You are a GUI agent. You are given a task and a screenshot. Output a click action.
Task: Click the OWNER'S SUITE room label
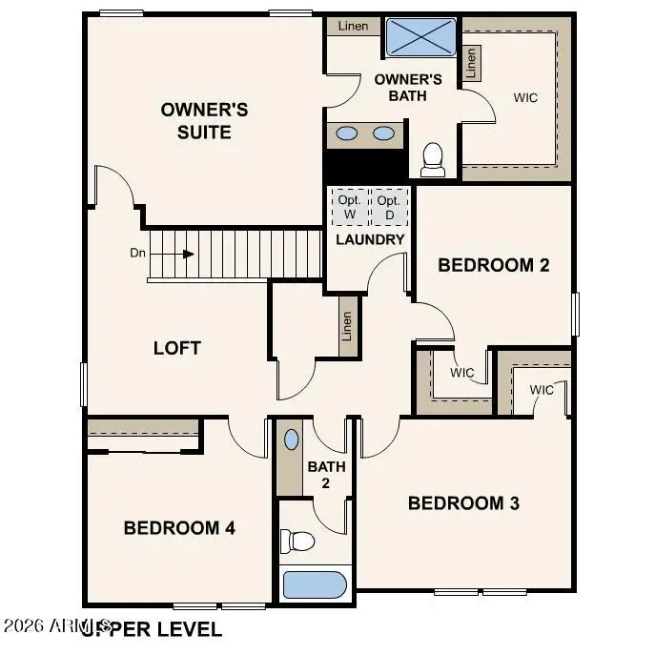click(x=204, y=121)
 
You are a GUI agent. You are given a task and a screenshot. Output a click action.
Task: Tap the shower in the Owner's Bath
click(x=420, y=37)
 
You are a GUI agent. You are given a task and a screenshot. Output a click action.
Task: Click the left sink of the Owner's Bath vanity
click(x=347, y=133)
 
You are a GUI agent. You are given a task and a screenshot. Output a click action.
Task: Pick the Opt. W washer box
click(x=347, y=207)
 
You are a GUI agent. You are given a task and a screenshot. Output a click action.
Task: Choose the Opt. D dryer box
click(x=388, y=207)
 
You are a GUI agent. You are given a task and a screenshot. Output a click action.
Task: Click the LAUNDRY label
click(x=370, y=239)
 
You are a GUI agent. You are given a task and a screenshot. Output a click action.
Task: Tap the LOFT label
click(x=177, y=348)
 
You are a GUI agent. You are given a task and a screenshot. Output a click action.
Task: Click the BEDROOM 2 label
click(x=493, y=265)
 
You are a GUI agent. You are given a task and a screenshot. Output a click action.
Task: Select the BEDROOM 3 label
click(x=463, y=502)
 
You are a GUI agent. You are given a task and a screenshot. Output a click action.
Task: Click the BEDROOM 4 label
click(x=179, y=527)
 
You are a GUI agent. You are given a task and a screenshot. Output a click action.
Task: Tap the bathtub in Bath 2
click(x=315, y=583)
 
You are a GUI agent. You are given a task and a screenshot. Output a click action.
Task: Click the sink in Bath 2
click(x=291, y=440)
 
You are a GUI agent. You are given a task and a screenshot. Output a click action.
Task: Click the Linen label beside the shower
click(x=353, y=27)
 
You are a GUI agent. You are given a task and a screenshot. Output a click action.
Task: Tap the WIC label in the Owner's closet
click(x=524, y=97)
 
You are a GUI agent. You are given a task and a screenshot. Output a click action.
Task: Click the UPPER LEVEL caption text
click(x=153, y=629)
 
